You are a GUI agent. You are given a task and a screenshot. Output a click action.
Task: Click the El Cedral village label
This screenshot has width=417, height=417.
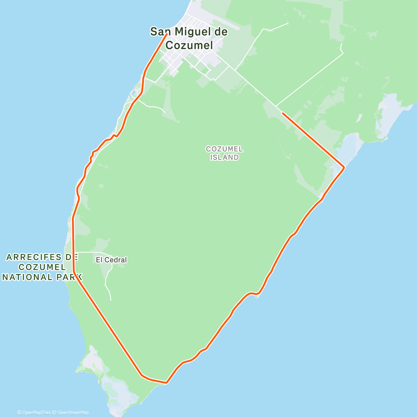[111, 260]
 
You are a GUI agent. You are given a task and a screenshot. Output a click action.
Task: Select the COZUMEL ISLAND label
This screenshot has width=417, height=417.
[224, 153]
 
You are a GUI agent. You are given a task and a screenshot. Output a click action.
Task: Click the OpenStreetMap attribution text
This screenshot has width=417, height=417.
[72, 412]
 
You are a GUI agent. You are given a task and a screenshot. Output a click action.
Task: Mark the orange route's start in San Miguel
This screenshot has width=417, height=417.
[167, 34]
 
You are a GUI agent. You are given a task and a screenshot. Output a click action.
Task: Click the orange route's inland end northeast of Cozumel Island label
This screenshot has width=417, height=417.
[283, 113]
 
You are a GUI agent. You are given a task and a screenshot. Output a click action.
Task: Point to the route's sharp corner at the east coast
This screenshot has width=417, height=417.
[344, 168]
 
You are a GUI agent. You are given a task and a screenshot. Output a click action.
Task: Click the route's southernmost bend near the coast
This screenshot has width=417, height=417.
[166, 383]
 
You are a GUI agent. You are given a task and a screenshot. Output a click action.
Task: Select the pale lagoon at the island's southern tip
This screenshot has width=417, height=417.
[115, 389]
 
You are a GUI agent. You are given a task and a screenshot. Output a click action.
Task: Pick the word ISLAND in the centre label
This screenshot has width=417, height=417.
[224, 157]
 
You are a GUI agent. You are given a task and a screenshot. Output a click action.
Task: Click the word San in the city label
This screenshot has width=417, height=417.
[160, 32]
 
